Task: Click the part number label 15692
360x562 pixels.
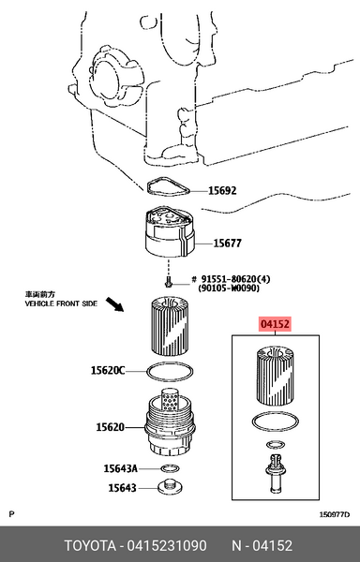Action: pyautogui.click(x=222, y=191)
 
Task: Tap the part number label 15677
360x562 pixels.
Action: pyautogui.click(x=227, y=244)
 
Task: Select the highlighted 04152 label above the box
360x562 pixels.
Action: pyautogui.click(x=275, y=324)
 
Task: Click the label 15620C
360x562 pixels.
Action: pyautogui.click(x=108, y=370)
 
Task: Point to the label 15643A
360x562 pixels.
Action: pyautogui.click(x=121, y=468)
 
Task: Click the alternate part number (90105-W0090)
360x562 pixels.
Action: pyautogui.click(x=229, y=288)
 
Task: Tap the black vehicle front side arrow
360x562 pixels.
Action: pyautogui.click(x=114, y=304)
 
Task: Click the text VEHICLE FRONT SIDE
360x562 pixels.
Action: pyautogui.click(x=61, y=303)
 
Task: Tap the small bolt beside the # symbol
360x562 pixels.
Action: pyautogui.click(x=168, y=283)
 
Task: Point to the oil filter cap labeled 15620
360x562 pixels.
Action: pyautogui.click(x=170, y=423)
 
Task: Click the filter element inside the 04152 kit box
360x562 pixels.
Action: pyautogui.click(x=275, y=376)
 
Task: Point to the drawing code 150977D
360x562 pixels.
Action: pyautogui.click(x=334, y=515)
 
